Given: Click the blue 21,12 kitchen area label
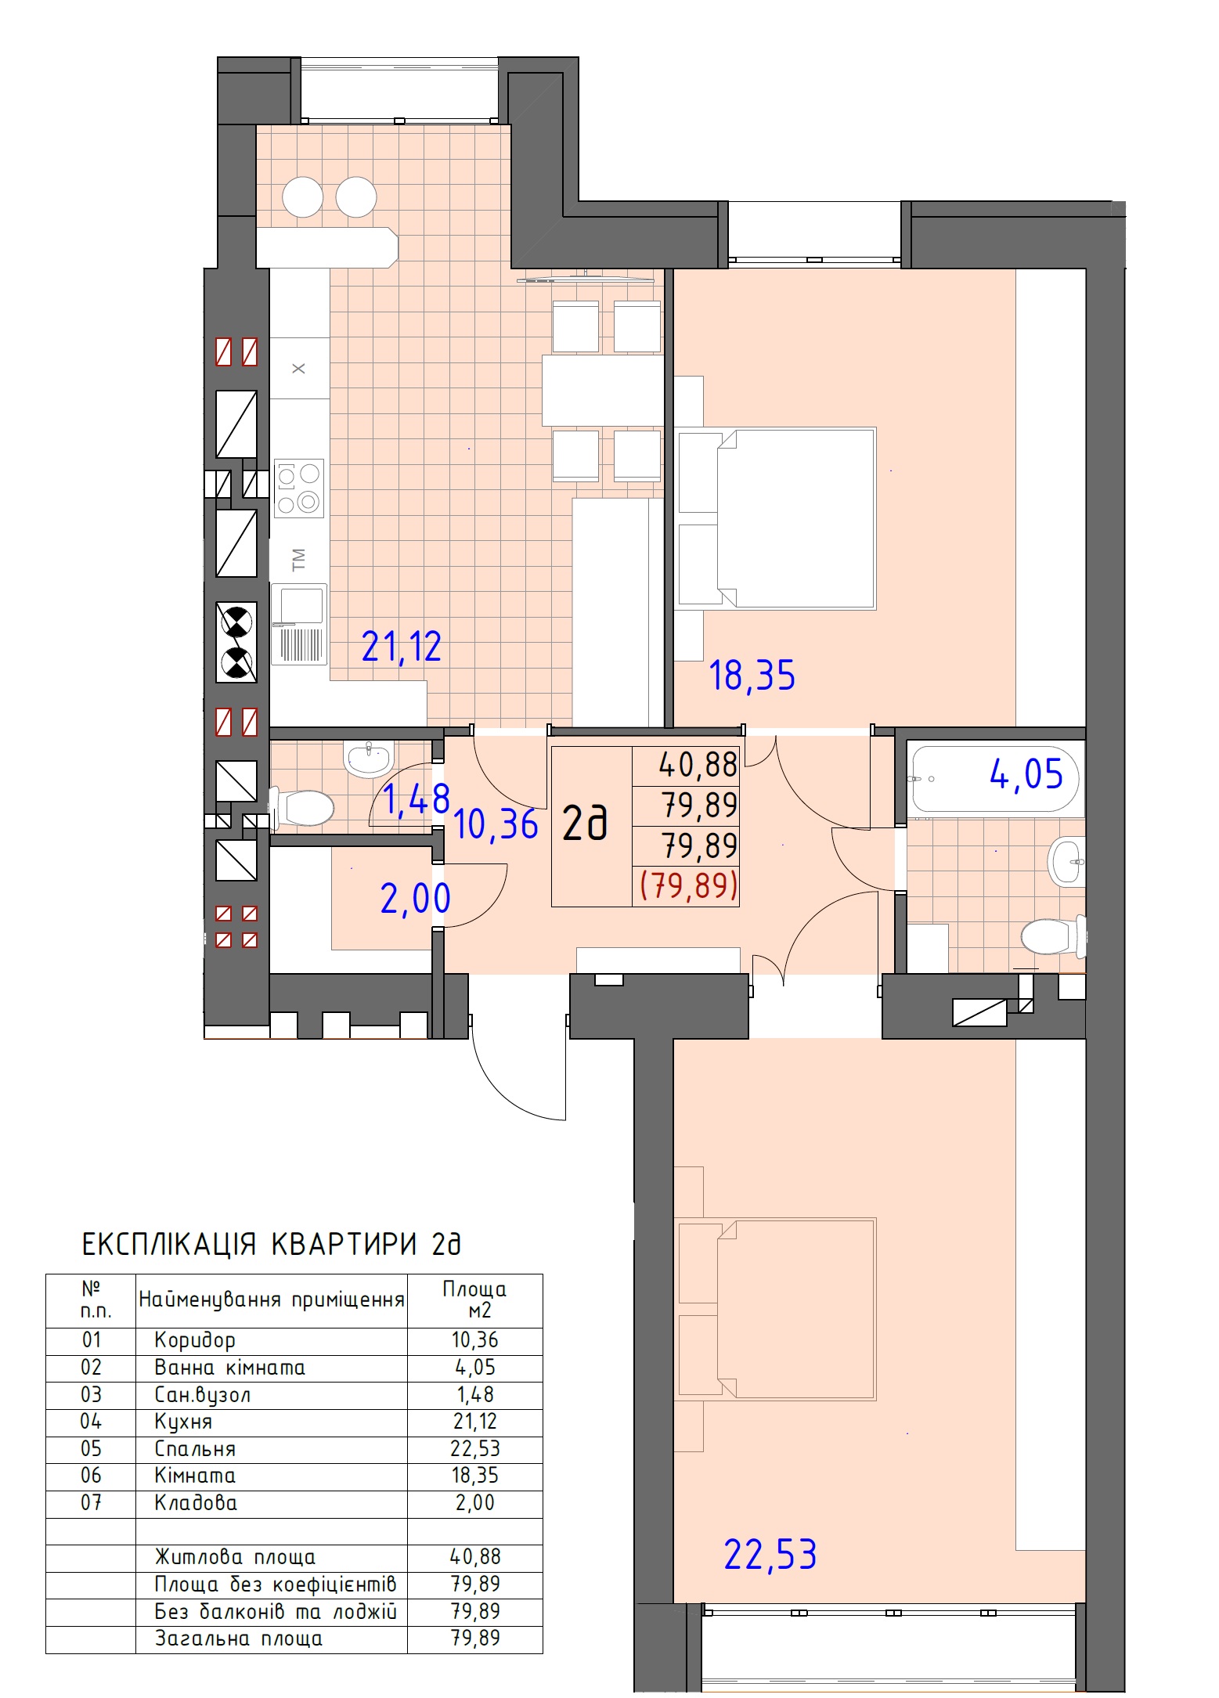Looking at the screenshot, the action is (402, 647).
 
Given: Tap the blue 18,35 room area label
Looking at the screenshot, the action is (752, 676).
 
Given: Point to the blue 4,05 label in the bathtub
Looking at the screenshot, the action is (1026, 775).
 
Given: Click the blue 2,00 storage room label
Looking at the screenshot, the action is (416, 898).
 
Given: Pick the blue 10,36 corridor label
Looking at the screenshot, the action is (496, 824).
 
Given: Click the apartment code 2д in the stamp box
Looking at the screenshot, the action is (585, 824).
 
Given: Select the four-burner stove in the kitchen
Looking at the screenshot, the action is (298, 487).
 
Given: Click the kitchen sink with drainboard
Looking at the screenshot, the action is (298, 624).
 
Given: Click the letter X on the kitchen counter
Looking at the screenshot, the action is (299, 368).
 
